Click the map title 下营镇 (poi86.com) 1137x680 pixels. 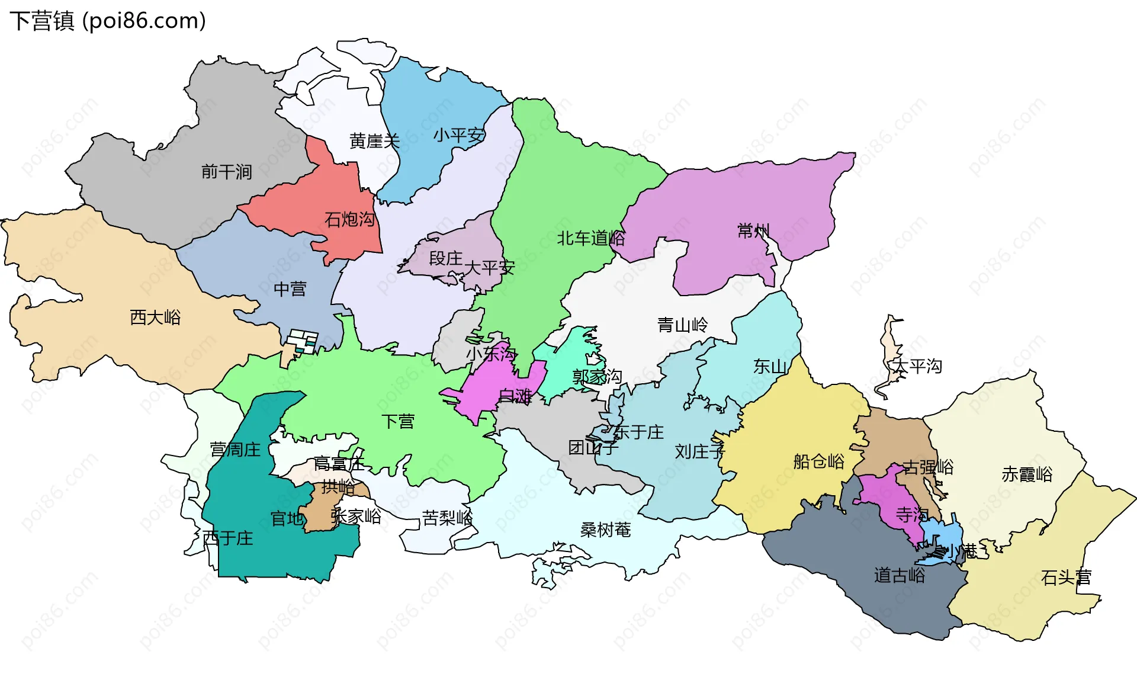point(108,21)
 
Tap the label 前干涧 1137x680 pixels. point(227,172)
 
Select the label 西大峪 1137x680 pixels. point(155,317)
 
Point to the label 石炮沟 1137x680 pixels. point(349,220)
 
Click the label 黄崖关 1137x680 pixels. point(374,141)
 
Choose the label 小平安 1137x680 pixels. point(459,135)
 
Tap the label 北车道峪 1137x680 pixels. point(590,238)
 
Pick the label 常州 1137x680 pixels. point(753,230)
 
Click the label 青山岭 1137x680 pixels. point(682,325)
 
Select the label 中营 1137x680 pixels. point(290,289)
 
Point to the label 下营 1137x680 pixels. point(397,421)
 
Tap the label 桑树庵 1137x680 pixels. point(605,530)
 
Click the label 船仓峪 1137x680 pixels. point(818,461)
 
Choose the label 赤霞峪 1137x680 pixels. point(1027,474)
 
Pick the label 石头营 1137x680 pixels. point(1066,577)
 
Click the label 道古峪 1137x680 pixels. point(899,575)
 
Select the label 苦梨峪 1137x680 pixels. point(447,518)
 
